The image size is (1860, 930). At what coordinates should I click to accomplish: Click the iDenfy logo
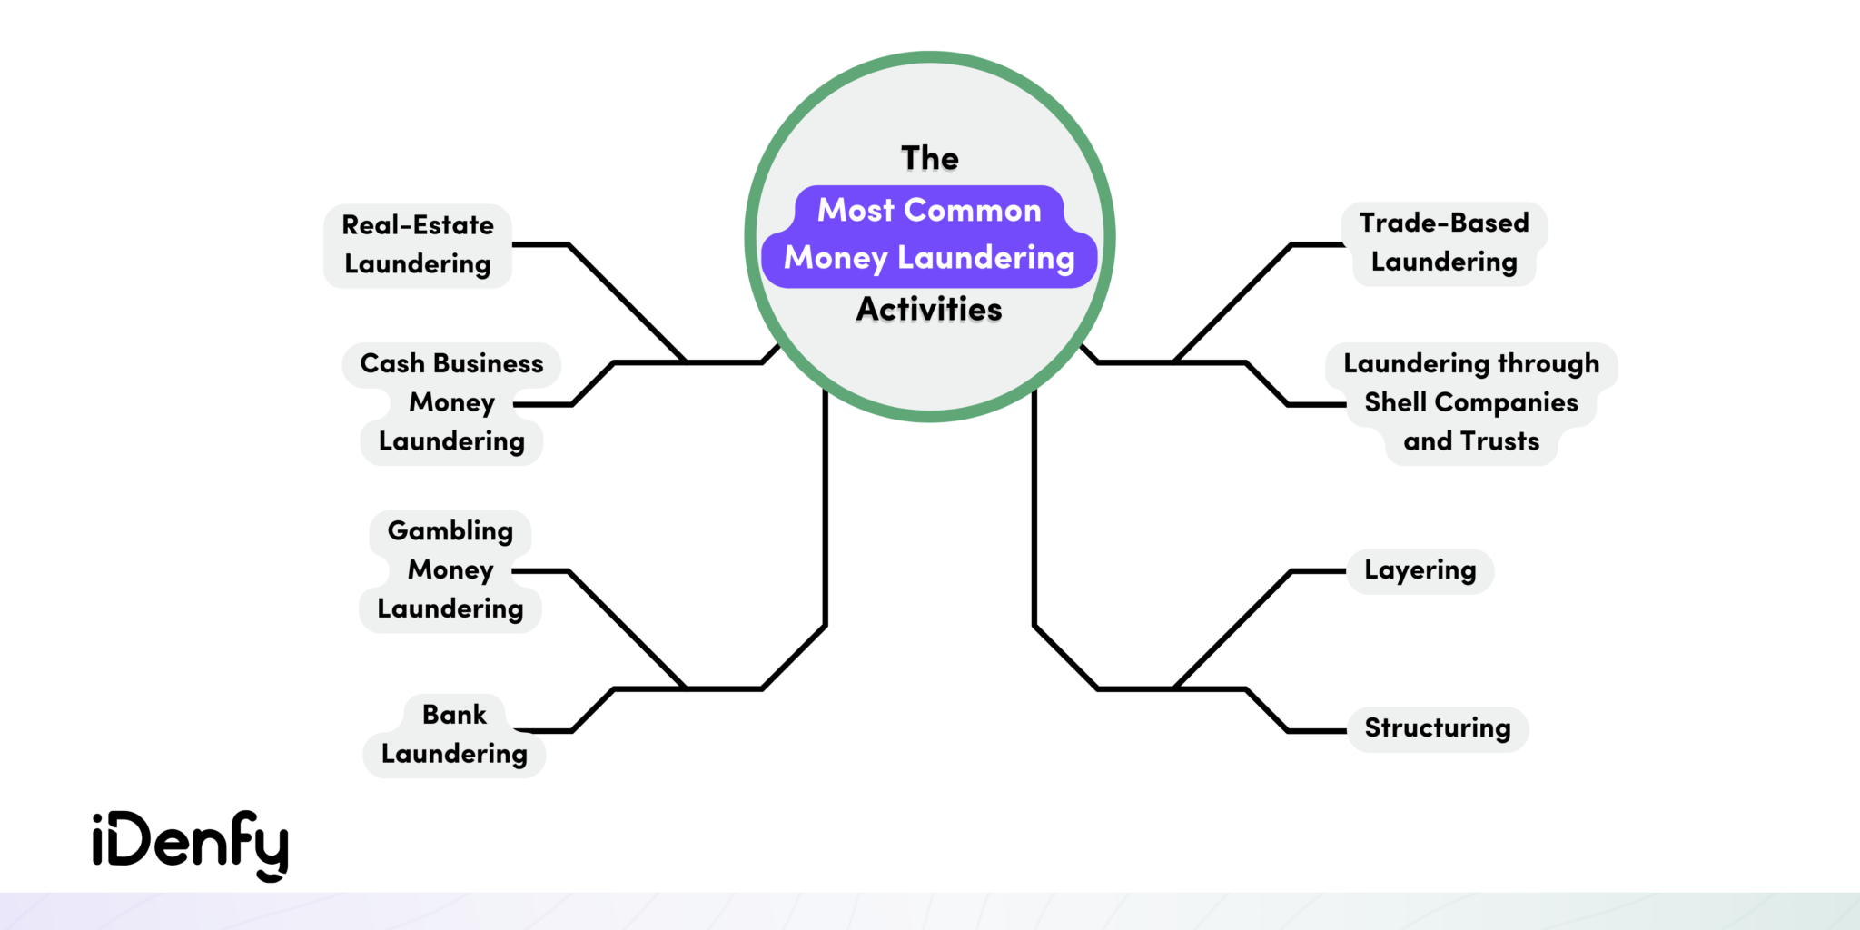pos(191,845)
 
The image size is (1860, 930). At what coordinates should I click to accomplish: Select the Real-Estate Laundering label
pos(418,245)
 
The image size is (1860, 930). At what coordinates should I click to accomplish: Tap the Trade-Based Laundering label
pos(1444,242)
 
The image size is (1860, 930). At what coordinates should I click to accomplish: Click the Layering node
pos(1420,570)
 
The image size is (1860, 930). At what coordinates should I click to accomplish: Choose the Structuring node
pos(1438,728)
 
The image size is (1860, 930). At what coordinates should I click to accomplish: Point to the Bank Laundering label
pos(454,735)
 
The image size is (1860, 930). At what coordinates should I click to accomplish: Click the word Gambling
pos(450,530)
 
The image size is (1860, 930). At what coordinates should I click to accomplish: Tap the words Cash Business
pos(451,363)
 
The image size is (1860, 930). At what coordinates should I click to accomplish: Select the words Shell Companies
pos(1471,402)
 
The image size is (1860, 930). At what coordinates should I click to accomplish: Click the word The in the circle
pos(930,158)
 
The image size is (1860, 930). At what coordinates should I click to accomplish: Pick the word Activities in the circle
pos(929,309)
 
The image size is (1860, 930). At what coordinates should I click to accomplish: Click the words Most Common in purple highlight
pos(929,211)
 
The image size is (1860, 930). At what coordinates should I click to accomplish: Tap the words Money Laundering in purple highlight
pos(929,258)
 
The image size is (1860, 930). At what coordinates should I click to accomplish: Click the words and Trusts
pos(1471,441)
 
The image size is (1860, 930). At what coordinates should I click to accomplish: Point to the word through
pos(1548,363)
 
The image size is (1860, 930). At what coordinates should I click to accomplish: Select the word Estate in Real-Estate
pos(453,225)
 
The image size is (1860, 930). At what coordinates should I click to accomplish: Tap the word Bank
pos(454,715)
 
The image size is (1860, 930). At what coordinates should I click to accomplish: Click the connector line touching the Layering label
pos(1317,571)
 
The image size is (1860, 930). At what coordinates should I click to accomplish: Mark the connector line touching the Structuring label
pos(1317,730)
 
